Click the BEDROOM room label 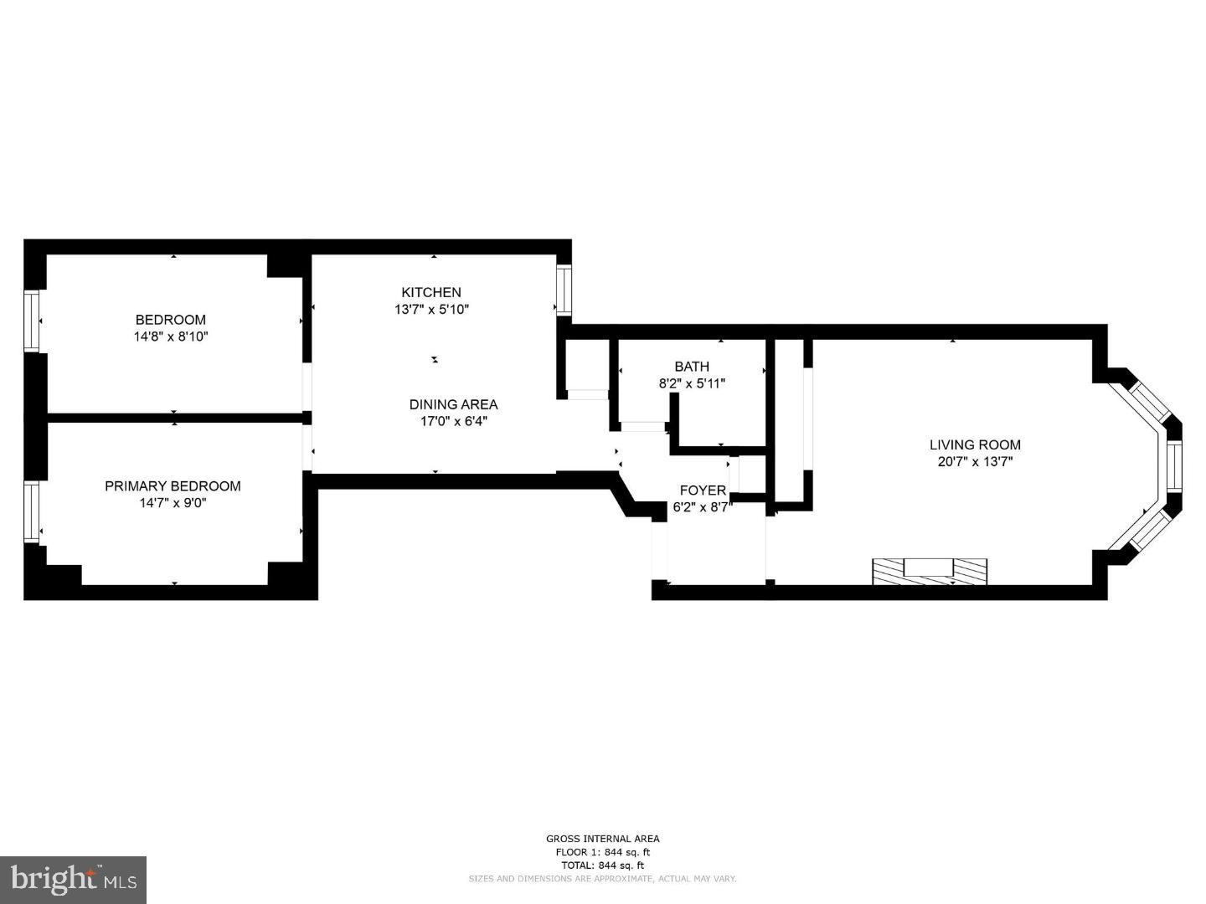click(171, 320)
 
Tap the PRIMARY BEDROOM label click(173, 486)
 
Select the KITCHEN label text click(431, 292)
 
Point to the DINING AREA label click(453, 404)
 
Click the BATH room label click(692, 367)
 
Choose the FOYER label click(703, 491)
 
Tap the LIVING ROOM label click(975, 444)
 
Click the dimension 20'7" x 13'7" click(975, 461)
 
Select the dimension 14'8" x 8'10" click(171, 336)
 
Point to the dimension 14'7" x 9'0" click(173, 503)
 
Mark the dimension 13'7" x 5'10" click(431, 309)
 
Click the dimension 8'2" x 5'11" click(692, 383)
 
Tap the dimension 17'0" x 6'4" click(453, 421)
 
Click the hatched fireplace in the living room click(930, 571)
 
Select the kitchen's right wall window click(564, 290)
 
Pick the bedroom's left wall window click(32, 321)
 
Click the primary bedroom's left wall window click(32, 511)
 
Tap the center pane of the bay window click(1173, 466)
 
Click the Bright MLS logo click(74, 880)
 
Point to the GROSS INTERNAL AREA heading click(602, 839)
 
